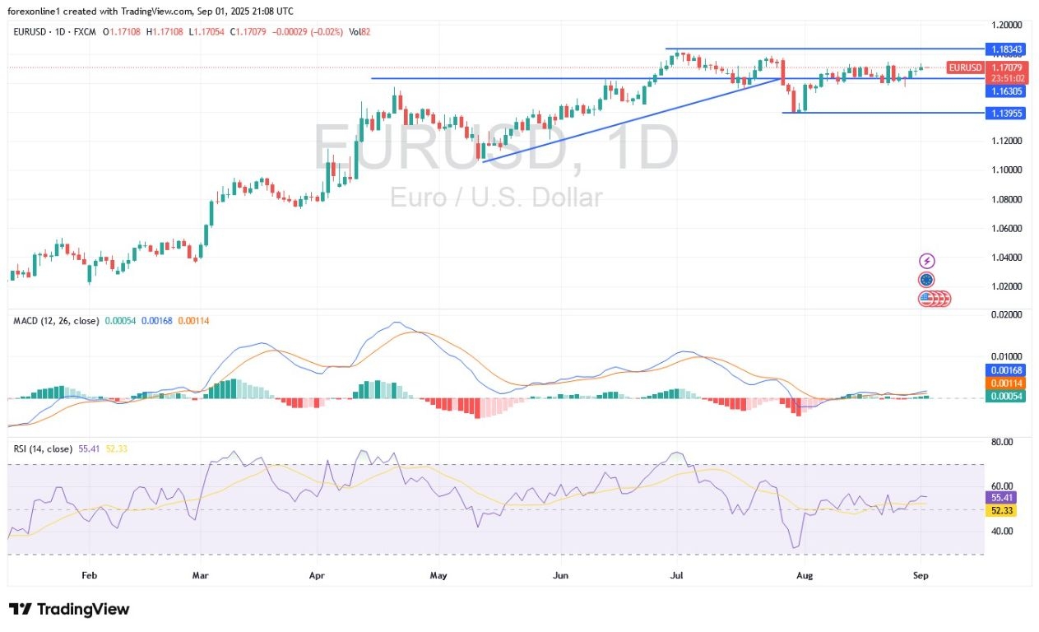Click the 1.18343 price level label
[1006, 49]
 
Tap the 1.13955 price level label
[1006, 113]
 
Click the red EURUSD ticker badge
[964, 67]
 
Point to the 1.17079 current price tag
[1008, 67]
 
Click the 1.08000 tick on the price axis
[1006, 199]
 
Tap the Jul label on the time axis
[677, 575]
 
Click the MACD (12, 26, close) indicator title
[55, 319]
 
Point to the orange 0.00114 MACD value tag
[1006, 383]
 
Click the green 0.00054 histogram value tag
[1006, 397]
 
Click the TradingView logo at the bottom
[69, 610]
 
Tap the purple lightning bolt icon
[927, 261]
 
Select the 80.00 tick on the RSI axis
[1002, 442]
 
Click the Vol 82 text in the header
[360, 31]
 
